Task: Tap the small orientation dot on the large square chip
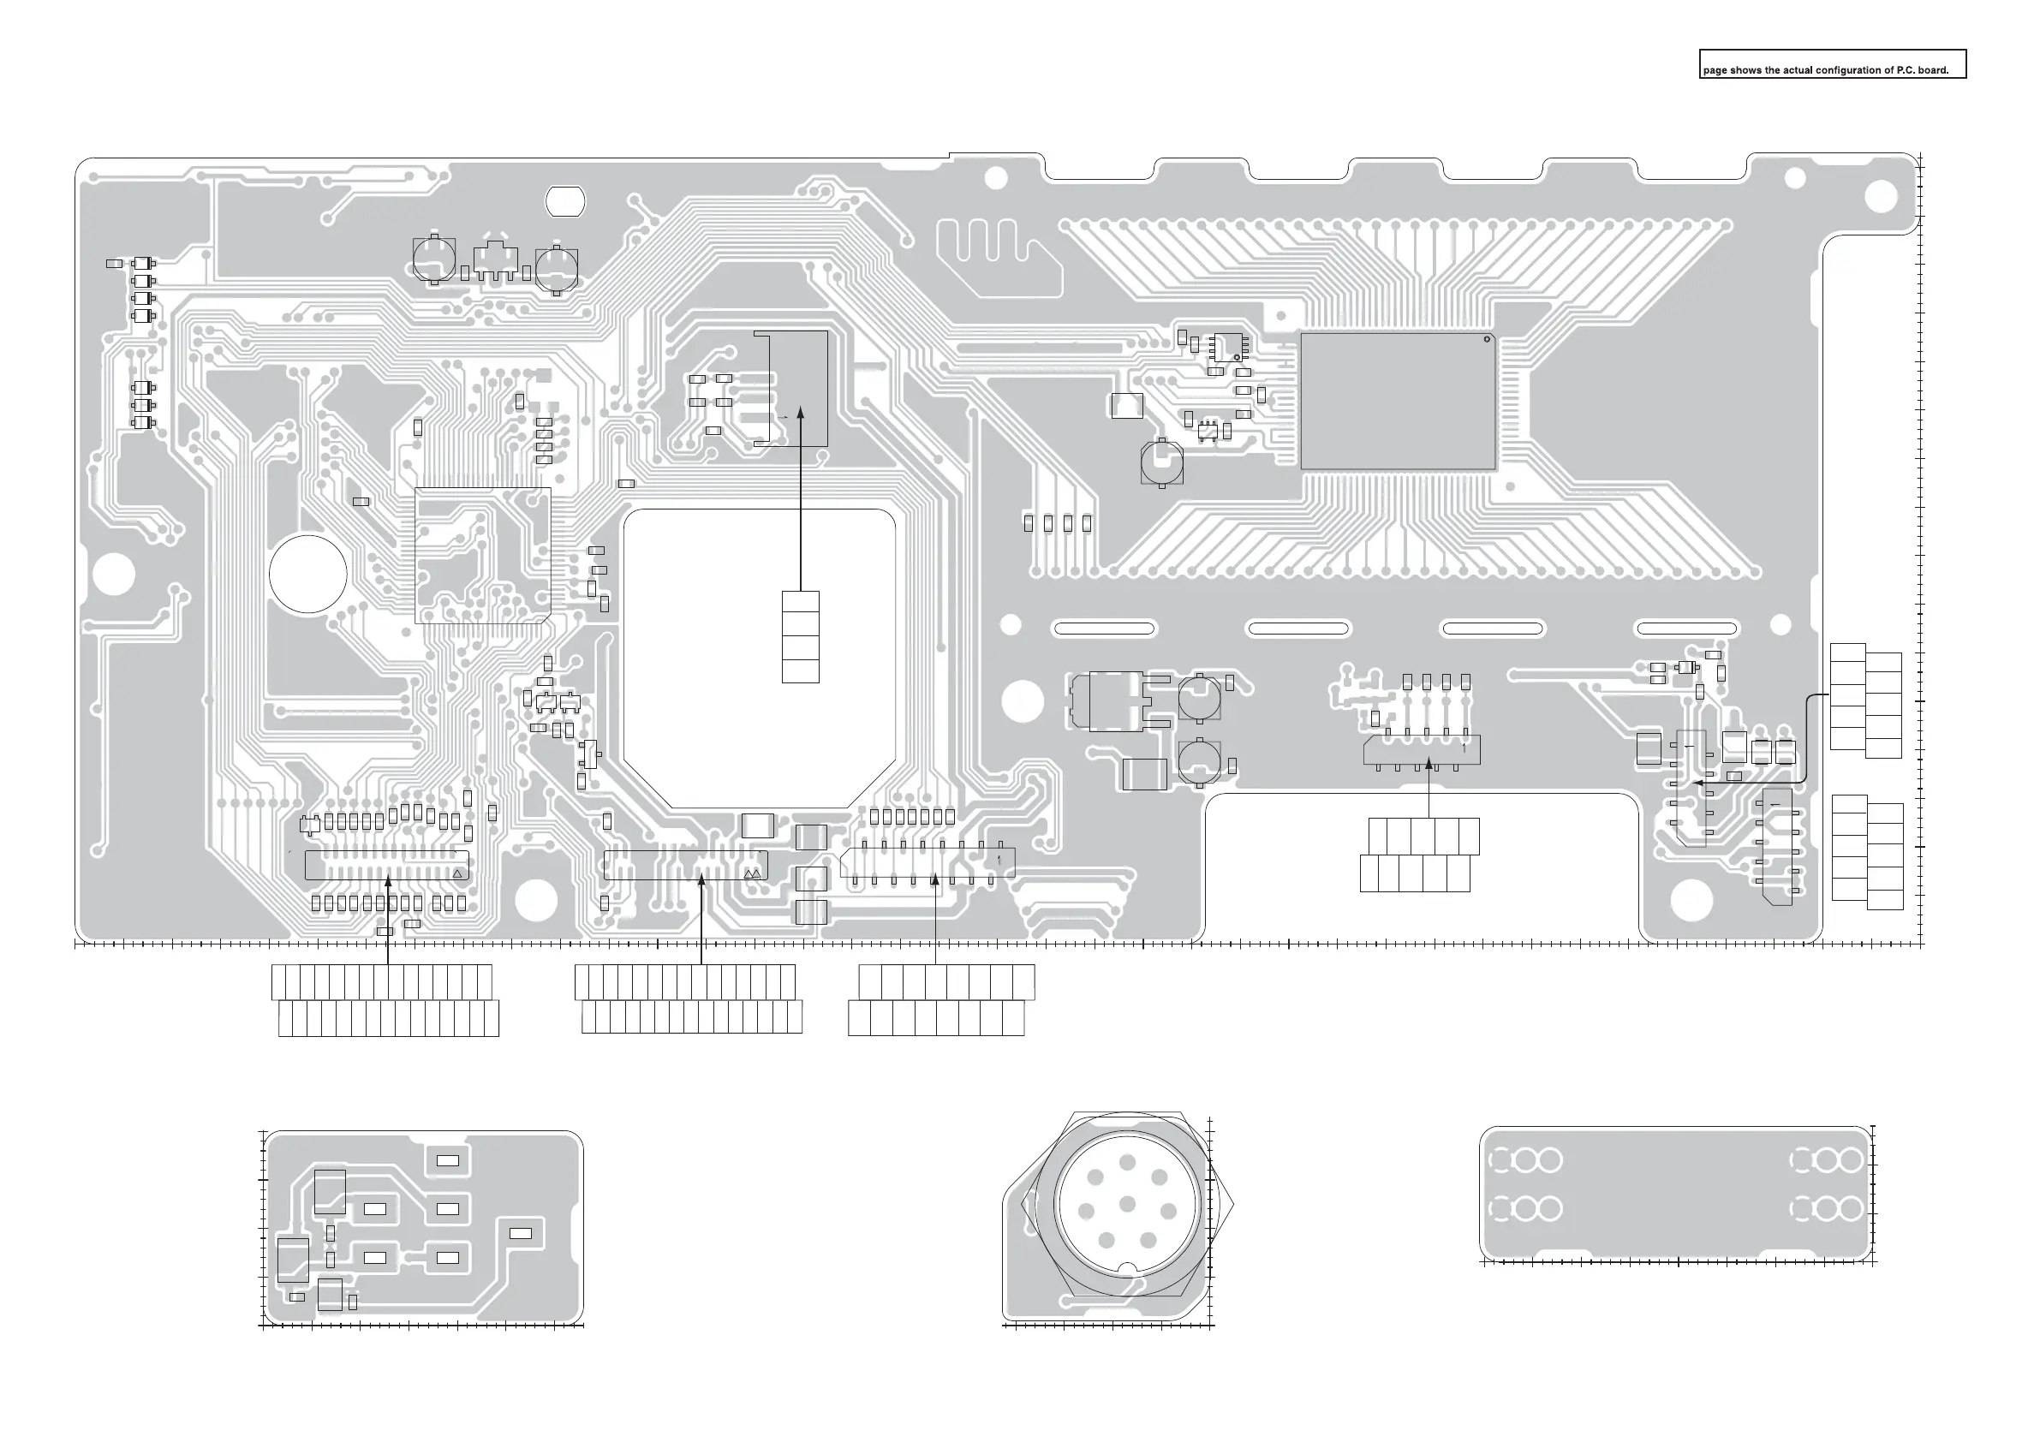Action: (1487, 341)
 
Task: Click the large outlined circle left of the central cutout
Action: (308, 574)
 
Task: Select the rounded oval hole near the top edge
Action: (564, 202)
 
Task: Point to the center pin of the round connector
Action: (1128, 1204)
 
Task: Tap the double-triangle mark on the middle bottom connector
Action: (753, 874)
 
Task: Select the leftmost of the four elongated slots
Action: (1104, 629)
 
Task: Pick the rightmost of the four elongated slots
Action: (1686, 629)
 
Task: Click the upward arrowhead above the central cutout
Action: (801, 412)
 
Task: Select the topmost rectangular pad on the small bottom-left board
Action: (448, 1159)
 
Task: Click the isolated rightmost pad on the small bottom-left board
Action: (520, 1233)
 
